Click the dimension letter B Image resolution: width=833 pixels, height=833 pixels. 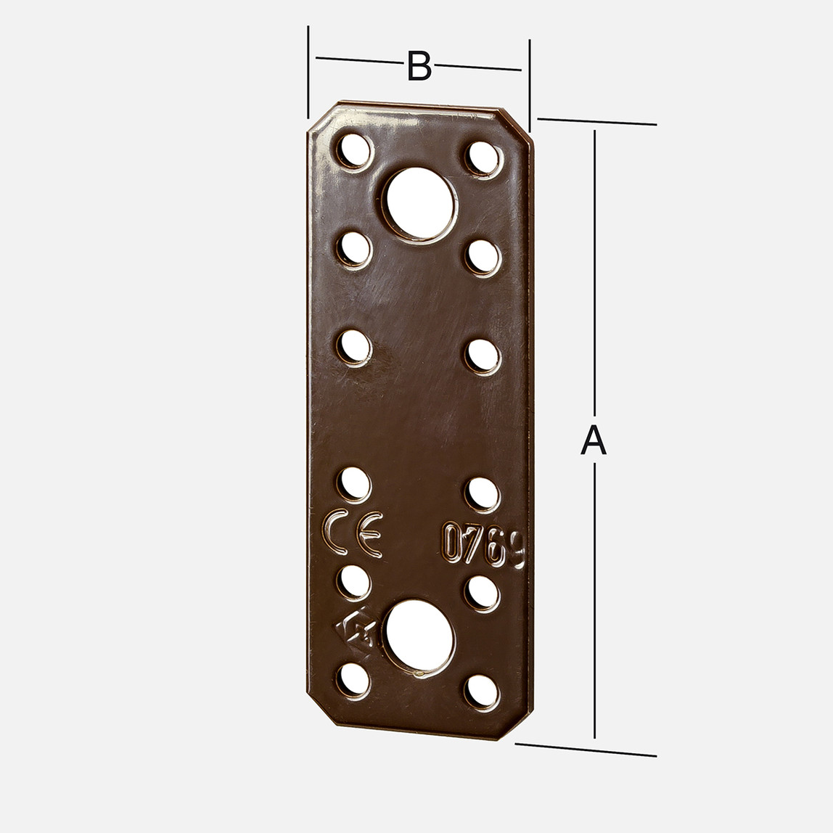click(x=419, y=66)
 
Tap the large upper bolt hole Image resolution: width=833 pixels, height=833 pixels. click(x=419, y=203)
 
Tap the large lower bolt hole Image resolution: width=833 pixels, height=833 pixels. click(x=419, y=636)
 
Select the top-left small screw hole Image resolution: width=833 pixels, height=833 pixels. click(x=355, y=150)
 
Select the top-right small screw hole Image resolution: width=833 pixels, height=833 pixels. click(x=483, y=158)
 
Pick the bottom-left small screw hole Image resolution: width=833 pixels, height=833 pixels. click(x=354, y=680)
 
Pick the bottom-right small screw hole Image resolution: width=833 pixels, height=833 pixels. click(x=482, y=692)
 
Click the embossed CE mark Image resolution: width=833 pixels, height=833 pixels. click(x=353, y=533)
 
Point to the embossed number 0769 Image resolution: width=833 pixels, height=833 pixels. click(x=484, y=544)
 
